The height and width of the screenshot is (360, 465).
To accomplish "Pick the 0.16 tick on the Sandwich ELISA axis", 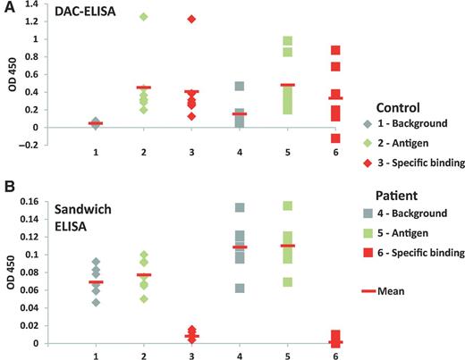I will tap(26, 202).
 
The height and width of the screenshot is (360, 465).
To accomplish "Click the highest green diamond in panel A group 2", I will tap(142, 17).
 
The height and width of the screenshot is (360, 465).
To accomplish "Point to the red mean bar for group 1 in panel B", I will tap(95, 282).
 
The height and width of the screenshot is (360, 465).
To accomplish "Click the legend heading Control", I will tap(400, 107).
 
